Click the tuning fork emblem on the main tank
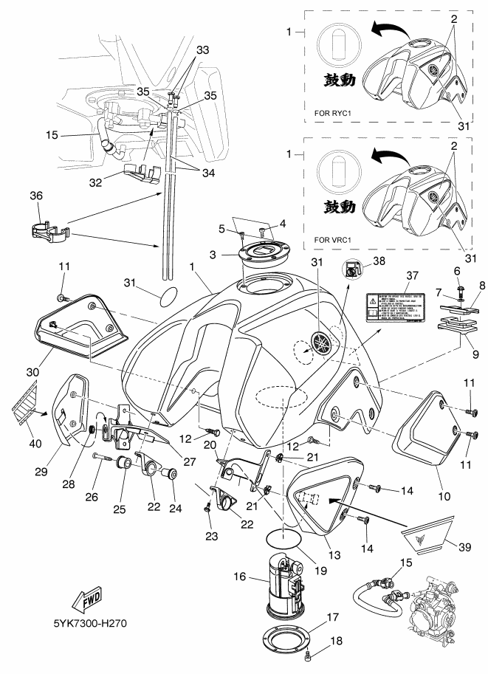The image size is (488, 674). click(320, 345)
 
